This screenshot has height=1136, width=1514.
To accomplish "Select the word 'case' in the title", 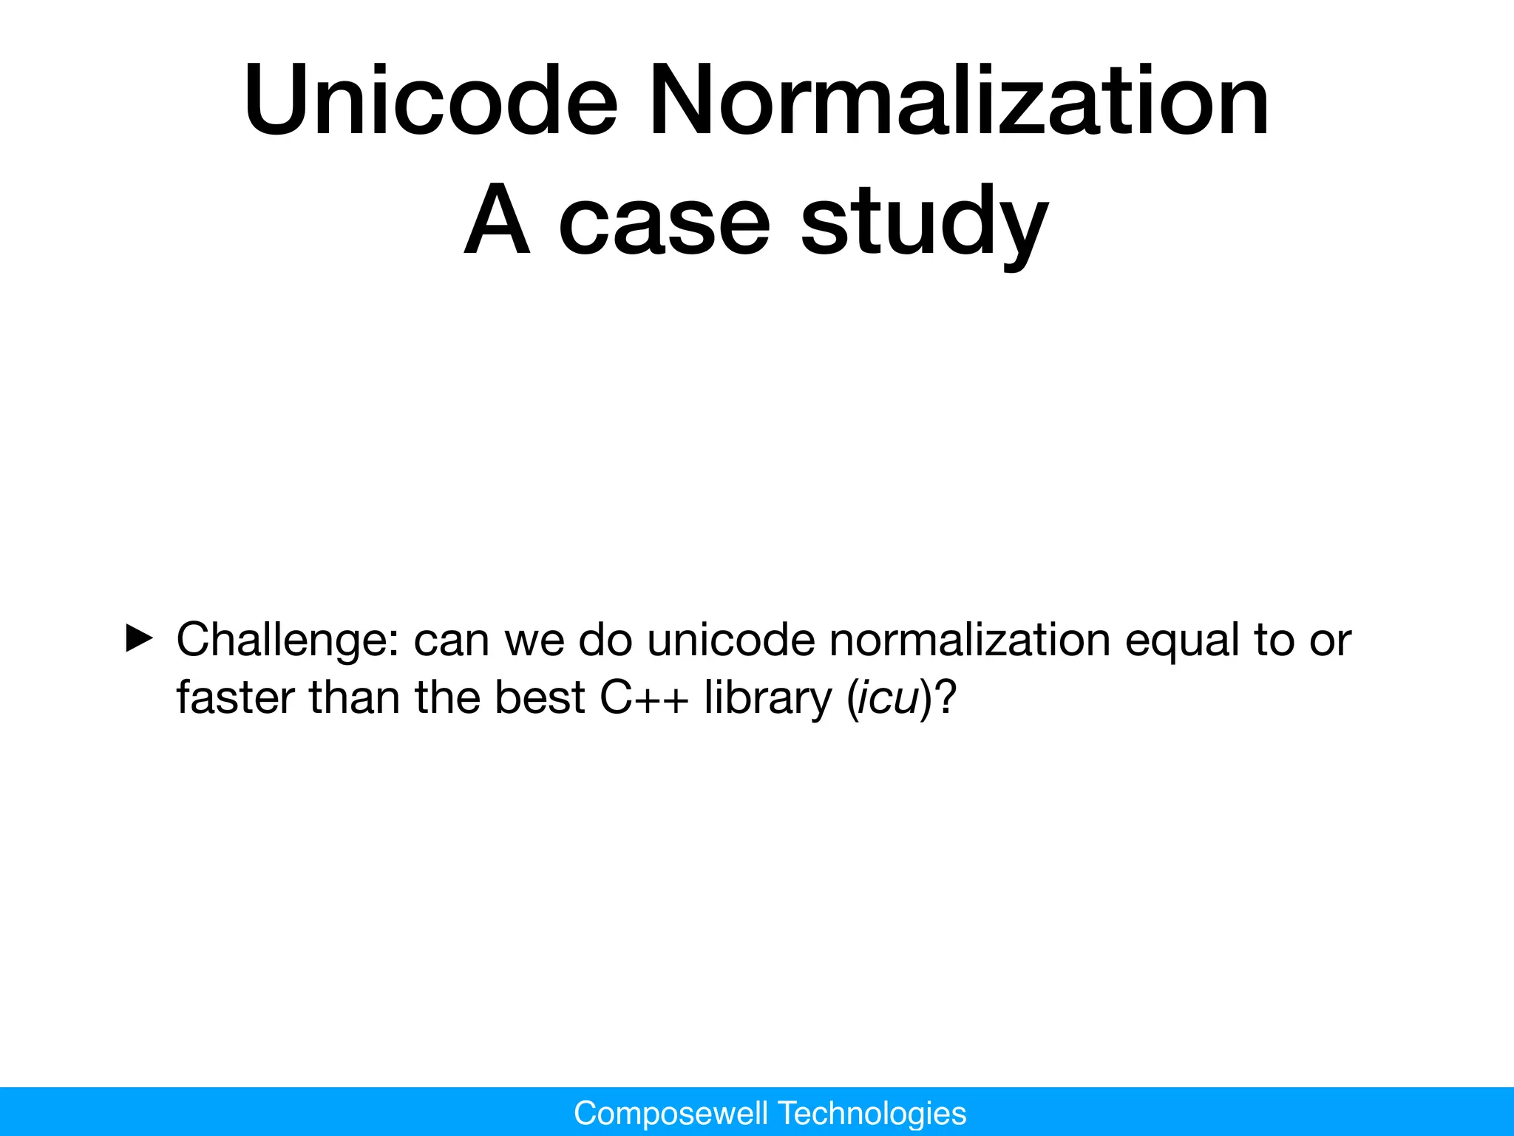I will tap(664, 222).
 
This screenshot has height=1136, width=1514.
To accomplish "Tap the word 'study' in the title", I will tap(924, 222).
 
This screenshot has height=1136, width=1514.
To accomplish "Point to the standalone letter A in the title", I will tap(498, 220).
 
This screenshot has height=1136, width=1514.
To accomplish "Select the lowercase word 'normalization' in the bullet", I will tap(969, 640).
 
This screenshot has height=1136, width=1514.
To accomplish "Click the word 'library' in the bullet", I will tap(767, 697).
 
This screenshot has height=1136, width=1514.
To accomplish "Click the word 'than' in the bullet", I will tap(354, 697).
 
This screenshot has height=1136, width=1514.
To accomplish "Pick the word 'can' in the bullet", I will tap(451, 640).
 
